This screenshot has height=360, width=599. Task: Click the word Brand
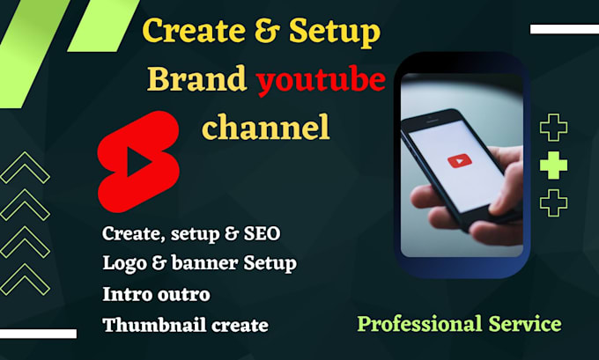point(197,80)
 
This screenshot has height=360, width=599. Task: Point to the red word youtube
point(321,81)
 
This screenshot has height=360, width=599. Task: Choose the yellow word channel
point(265,128)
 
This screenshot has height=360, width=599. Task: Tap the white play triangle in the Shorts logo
point(138,163)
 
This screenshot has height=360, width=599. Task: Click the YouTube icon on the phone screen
point(459,161)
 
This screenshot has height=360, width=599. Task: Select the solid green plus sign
point(553,165)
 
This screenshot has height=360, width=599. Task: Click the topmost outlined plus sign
point(553,128)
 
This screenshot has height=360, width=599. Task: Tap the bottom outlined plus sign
point(553,202)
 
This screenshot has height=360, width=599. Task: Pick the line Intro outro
point(156,293)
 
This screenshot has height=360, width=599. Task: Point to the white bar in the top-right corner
point(564,29)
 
